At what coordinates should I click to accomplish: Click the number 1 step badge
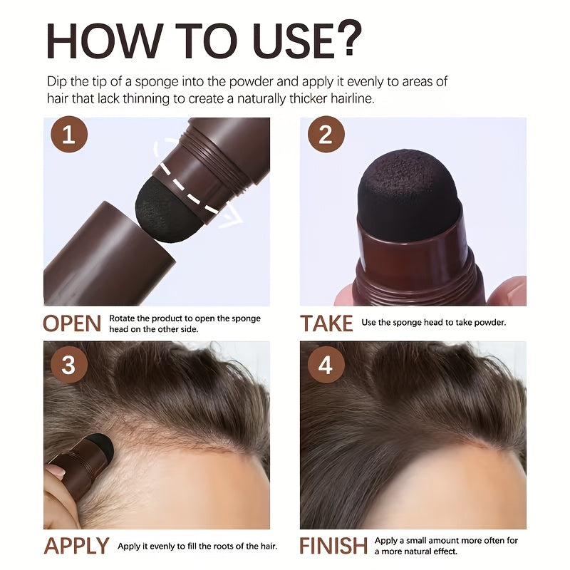[69, 134]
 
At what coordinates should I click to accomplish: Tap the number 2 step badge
[326, 134]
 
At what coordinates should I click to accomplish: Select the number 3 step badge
[69, 365]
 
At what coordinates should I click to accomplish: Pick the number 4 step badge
[326, 365]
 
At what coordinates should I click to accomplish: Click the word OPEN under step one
[72, 323]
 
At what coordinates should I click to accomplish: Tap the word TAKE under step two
[326, 323]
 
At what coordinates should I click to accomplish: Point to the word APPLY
[76, 546]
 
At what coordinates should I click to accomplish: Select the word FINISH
[333, 546]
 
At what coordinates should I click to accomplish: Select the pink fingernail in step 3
[56, 471]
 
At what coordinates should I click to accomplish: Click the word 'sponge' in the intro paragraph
[157, 82]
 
